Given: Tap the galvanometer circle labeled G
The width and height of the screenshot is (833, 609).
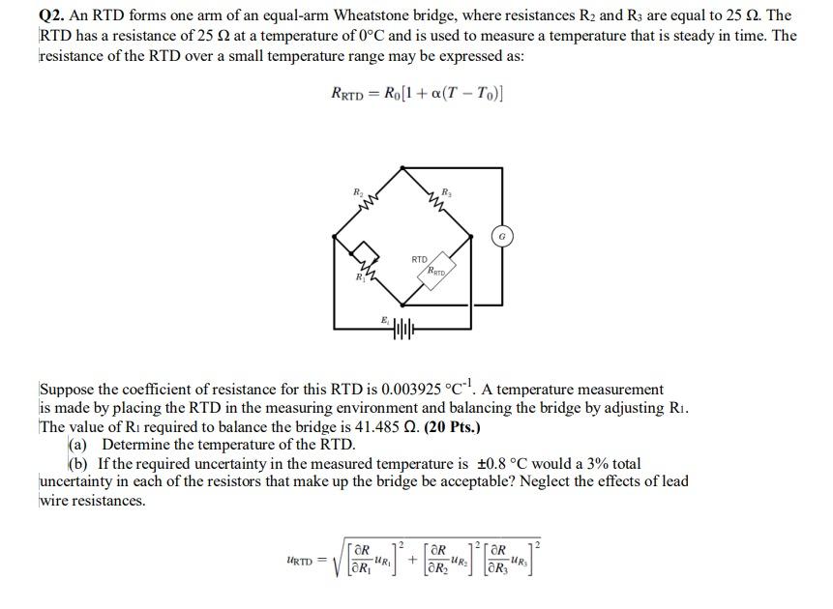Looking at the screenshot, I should click(x=502, y=235).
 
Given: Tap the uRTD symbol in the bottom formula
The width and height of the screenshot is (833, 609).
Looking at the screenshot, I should click(x=303, y=561).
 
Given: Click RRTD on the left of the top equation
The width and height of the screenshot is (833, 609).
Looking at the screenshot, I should click(x=347, y=94).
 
